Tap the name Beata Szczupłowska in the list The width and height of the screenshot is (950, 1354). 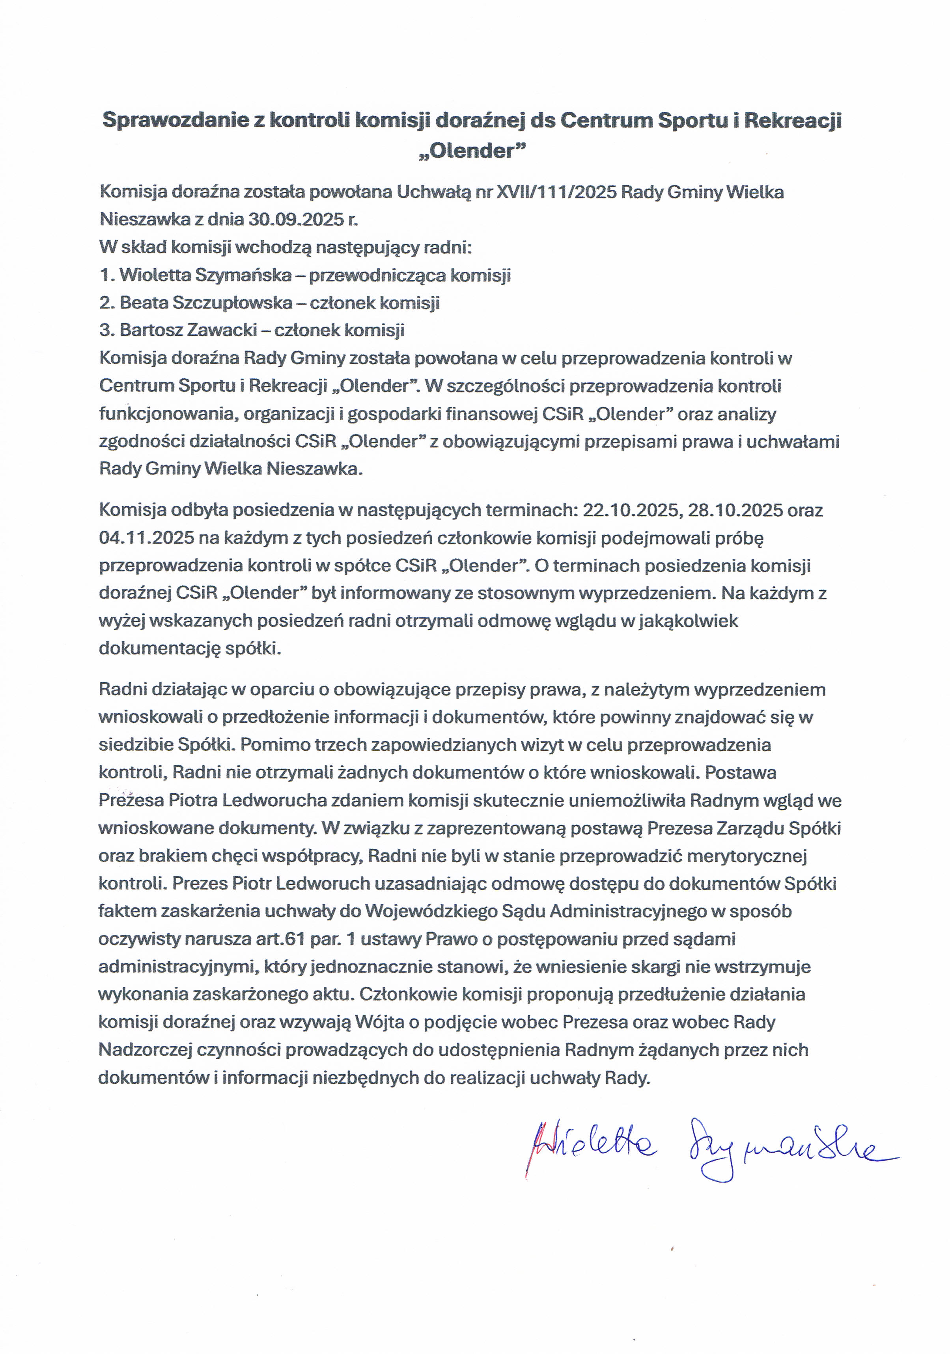coord(206,303)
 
